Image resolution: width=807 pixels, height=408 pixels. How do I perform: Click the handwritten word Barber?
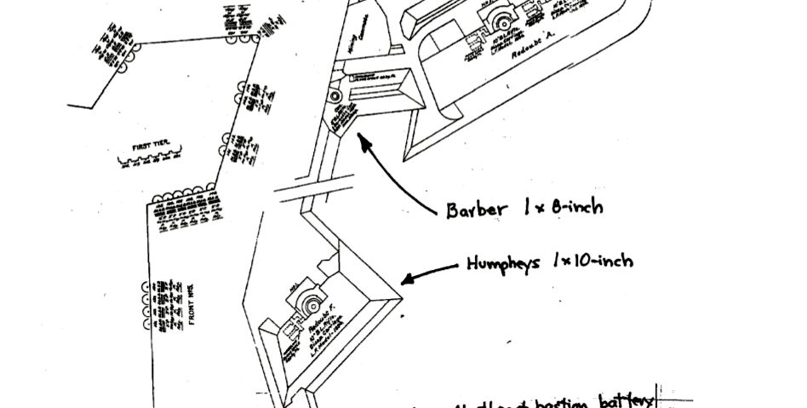point(478,210)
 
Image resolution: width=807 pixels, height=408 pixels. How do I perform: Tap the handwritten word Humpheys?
point(503,264)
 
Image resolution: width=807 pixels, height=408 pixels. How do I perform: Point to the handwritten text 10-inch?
point(601,260)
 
